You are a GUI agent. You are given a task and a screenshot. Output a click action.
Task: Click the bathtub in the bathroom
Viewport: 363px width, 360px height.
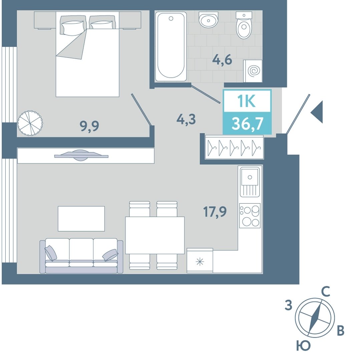tap(171, 47)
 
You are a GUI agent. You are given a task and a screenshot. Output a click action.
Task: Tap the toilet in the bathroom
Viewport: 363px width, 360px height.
tap(244, 25)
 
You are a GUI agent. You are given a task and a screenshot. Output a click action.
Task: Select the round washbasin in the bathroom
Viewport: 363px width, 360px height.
tap(208, 20)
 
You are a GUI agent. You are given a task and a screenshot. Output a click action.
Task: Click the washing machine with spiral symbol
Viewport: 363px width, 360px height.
tap(253, 71)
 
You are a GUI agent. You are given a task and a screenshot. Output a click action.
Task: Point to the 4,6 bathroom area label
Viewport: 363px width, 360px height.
tap(222, 60)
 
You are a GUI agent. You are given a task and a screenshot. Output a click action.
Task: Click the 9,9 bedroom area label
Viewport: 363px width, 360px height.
tap(89, 126)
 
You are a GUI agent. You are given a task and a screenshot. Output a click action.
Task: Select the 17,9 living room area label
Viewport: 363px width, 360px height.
tap(215, 211)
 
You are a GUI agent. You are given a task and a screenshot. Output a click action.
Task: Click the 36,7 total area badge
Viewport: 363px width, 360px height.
tap(247, 124)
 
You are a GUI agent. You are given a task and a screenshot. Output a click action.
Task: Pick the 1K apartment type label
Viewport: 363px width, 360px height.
tap(247, 101)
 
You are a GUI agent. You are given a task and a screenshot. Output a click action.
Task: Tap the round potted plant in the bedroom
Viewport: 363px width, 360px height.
tap(30, 123)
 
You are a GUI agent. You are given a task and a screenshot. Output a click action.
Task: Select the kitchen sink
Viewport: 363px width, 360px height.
tap(250, 182)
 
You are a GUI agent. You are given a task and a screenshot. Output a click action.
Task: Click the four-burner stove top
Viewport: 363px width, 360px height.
tap(250, 216)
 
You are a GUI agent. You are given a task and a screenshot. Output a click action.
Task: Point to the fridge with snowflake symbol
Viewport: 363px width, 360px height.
tap(200, 261)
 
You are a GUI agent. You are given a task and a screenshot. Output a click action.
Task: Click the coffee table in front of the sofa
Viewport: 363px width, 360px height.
tap(81, 219)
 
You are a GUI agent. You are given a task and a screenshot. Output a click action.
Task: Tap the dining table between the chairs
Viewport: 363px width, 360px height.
tap(155, 235)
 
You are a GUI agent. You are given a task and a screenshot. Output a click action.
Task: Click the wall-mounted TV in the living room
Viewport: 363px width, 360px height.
tap(81, 155)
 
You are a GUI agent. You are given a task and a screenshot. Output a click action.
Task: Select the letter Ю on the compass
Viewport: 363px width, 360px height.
tap(303, 346)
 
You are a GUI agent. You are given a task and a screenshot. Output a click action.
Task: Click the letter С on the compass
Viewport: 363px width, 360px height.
tap(326, 292)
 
